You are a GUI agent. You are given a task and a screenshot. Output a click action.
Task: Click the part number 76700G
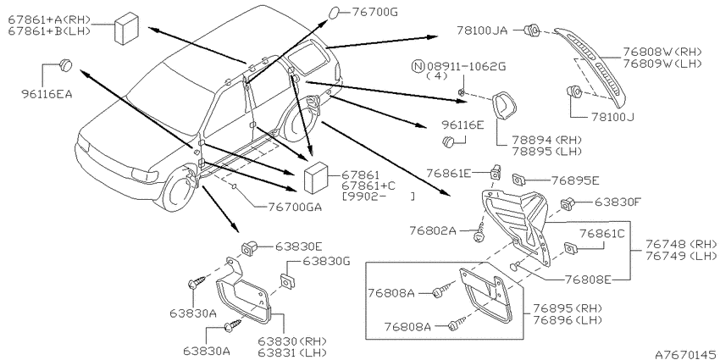pyautogui.click(x=374, y=13)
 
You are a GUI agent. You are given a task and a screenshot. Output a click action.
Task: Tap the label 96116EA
pyautogui.click(x=47, y=94)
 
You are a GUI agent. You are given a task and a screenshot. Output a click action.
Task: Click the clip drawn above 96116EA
pyautogui.click(x=66, y=65)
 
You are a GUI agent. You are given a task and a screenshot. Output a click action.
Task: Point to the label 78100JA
pyautogui.click(x=482, y=30)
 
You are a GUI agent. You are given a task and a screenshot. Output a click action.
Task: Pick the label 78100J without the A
pyautogui.click(x=610, y=117)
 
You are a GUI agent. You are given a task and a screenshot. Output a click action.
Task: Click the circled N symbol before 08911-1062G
pyautogui.click(x=418, y=66)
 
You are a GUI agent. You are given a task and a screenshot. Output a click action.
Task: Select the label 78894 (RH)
pyautogui.click(x=541, y=140)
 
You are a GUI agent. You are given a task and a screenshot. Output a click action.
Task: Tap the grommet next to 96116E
pyautogui.click(x=448, y=142)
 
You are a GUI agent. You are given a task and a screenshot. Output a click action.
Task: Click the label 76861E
pyautogui.click(x=448, y=173)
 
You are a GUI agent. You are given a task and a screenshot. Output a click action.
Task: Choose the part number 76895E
pyautogui.click(x=575, y=180)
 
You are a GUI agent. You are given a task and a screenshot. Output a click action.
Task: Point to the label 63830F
pyautogui.click(x=618, y=202)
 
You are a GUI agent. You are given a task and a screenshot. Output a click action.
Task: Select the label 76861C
pyautogui.click(x=602, y=234)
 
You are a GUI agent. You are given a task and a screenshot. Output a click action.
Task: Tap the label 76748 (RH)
pyautogui.click(x=681, y=243)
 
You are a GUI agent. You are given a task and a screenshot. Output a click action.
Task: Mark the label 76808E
pyautogui.click(x=588, y=279)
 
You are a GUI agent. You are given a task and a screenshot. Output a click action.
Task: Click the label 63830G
pyautogui.click(x=327, y=261)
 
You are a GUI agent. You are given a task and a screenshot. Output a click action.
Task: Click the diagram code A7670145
pyautogui.click(x=686, y=354)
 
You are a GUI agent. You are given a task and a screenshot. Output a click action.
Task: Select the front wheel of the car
pyautogui.click(x=178, y=189)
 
